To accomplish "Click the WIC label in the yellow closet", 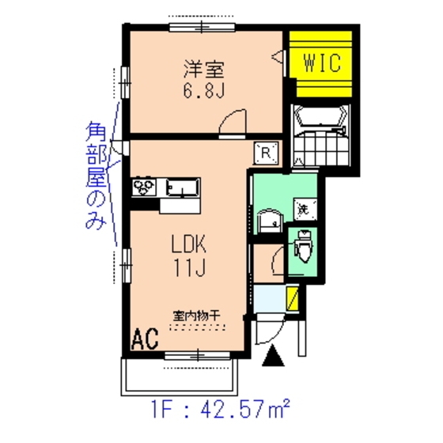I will pyautogui.click(x=321, y=62).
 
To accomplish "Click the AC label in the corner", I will pyautogui.click(x=145, y=339).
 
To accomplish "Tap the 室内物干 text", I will pyautogui.click(x=195, y=316).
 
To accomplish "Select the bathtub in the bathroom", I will pyautogui.click(x=320, y=122).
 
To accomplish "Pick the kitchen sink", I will pyautogui.click(x=183, y=188).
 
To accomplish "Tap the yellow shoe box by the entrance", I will pyautogui.click(x=292, y=301).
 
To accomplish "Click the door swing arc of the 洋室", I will pyautogui.click(x=234, y=123).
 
